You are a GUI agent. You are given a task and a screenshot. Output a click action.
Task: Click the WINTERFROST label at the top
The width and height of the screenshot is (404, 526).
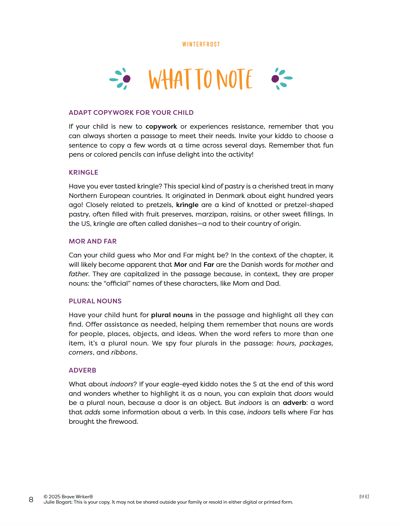pyautogui.click(x=201, y=44)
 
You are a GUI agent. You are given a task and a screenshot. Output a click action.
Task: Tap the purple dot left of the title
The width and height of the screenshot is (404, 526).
pyautogui.click(x=127, y=79)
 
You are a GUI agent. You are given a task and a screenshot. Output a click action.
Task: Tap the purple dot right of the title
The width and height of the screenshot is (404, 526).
pyautogui.click(x=275, y=79)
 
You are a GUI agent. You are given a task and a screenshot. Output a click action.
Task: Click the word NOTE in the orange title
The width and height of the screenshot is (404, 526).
pyautogui.click(x=234, y=79)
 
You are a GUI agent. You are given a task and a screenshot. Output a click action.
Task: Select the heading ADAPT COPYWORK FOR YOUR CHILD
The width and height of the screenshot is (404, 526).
pyautogui.click(x=131, y=113)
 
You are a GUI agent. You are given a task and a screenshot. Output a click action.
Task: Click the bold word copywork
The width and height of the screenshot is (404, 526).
pyautogui.click(x=161, y=127)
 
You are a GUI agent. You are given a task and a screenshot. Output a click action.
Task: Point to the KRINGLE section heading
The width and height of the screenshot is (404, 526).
pyautogui.click(x=83, y=172)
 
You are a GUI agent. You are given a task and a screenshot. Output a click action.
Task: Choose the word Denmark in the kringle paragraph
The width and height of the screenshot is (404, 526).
pyautogui.click(x=230, y=196)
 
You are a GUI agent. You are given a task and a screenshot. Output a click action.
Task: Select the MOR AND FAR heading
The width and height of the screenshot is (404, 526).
pyautogui.click(x=92, y=241)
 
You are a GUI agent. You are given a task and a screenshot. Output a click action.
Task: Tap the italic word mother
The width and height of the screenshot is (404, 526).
pyautogui.click(x=307, y=264)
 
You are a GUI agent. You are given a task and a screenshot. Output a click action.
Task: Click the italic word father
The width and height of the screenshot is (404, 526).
pyautogui.click(x=78, y=274)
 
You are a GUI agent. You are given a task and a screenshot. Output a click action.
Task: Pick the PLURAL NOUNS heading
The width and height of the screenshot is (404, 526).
pyautogui.click(x=95, y=301)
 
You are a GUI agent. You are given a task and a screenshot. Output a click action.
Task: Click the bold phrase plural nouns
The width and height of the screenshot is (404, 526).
pyautogui.click(x=172, y=315)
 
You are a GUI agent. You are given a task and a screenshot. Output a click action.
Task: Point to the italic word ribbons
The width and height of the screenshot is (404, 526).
pyautogui.click(x=123, y=352)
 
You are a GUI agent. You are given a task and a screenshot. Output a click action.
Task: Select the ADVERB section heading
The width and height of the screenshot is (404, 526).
pyautogui.click(x=82, y=370)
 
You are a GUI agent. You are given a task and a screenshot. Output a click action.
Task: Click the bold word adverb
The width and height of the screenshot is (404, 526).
pyautogui.click(x=294, y=403)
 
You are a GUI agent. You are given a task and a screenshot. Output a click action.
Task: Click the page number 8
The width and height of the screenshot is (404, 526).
pyautogui.click(x=31, y=499)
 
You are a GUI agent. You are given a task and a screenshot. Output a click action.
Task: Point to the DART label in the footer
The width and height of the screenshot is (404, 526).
pyautogui.click(x=364, y=497)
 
